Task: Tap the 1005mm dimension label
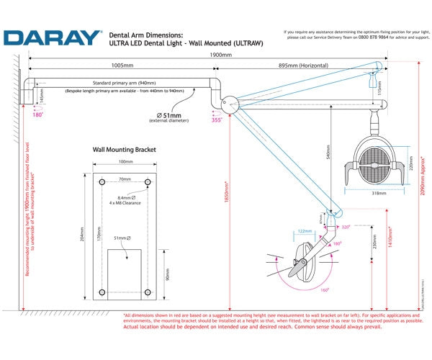pyautogui.click(x=120, y=64)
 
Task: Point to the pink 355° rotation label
pyautogui.click(x=215, y=120)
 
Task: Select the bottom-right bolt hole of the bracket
pyautogui.click(x=148, y=292)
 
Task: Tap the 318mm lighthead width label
pyautogui.click(x=377, y=193)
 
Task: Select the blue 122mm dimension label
pyautogui.click(x=303, y=231)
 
